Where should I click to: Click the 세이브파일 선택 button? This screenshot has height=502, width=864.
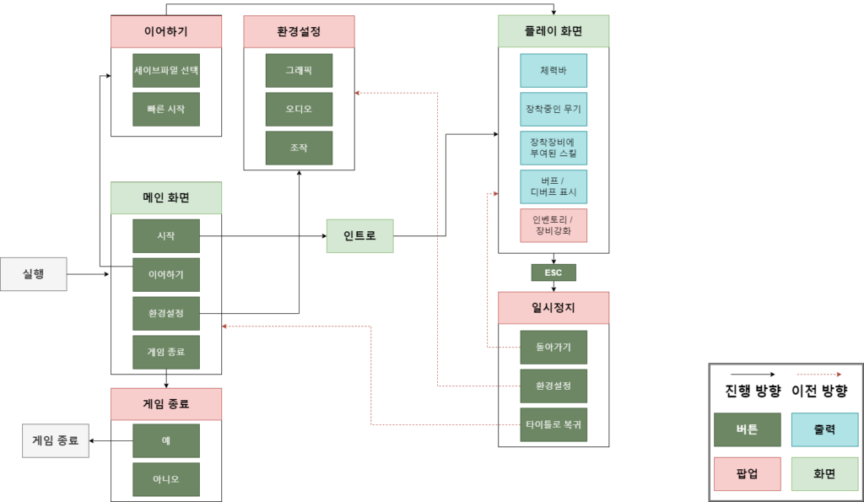(166, 71)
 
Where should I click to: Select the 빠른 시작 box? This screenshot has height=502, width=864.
(166, 110)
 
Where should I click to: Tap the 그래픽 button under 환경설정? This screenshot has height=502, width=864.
(299, 71)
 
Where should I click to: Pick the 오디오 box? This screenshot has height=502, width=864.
(299, 110)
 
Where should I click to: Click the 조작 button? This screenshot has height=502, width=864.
(299, 148)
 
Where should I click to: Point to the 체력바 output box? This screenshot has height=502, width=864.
(553, 71)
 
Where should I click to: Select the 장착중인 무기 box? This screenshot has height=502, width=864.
(553, 110)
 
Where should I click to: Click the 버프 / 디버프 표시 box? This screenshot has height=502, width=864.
(553, 186)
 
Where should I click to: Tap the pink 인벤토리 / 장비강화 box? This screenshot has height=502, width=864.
(553, 225)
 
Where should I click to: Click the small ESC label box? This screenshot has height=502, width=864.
(553, 273)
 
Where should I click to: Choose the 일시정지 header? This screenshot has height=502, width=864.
(553, 308)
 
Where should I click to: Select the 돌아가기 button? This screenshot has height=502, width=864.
(553, 347)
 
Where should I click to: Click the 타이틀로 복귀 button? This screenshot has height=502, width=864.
(553, 424)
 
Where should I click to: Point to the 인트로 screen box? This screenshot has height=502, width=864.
(360, 235)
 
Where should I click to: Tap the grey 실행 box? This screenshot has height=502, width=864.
(34, 274)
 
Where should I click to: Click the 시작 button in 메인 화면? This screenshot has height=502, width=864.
(166, 236)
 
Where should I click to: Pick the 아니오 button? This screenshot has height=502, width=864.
(166, 479)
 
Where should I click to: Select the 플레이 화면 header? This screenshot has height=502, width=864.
(553, 31)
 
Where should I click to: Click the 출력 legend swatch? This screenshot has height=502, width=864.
(824, 429)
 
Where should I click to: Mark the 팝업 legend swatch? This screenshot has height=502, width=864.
(747, 474)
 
